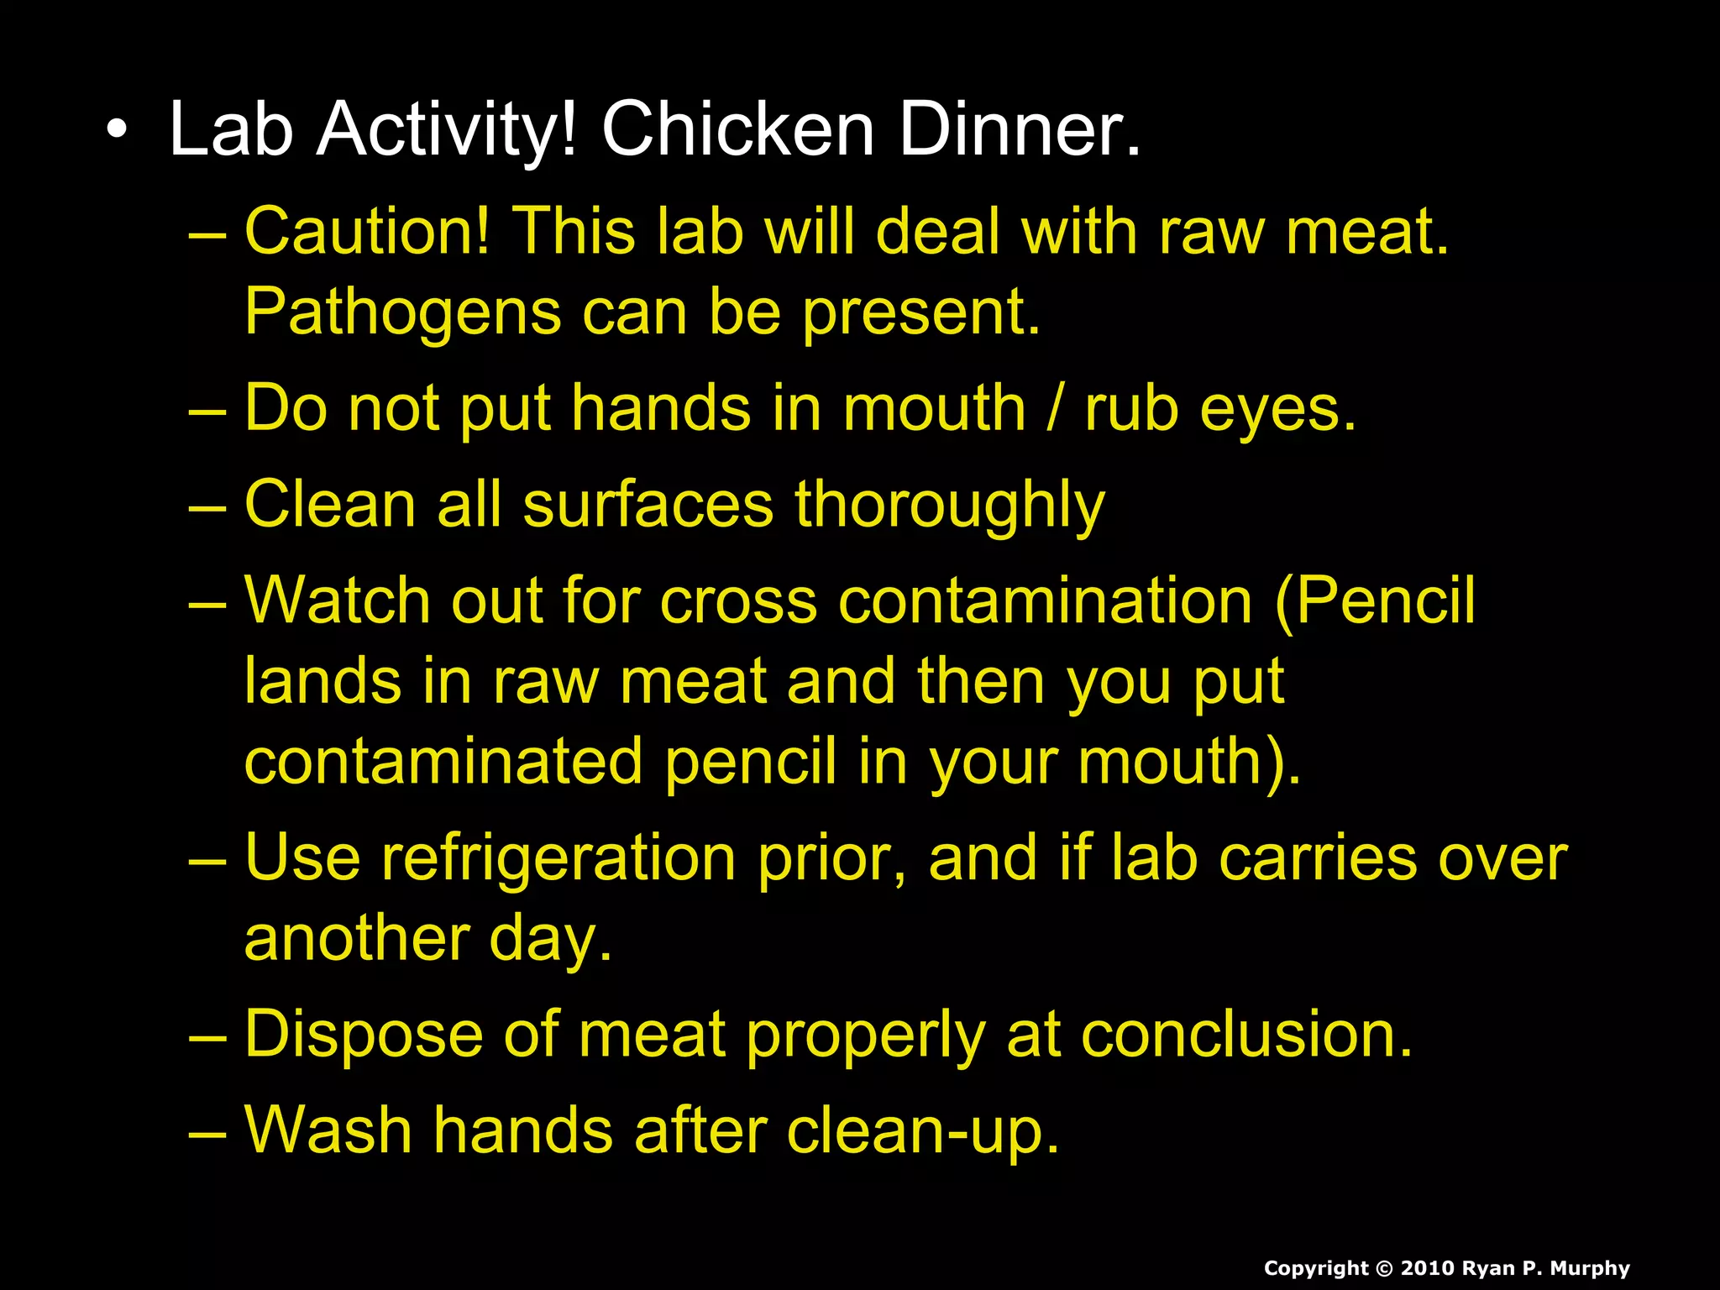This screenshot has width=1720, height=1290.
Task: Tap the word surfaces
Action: point(648,506)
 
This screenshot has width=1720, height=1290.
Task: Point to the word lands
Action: point(322,681)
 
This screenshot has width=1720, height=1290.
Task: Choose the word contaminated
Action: point(443,762)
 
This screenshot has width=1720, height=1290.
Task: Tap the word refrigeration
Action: point(558,859)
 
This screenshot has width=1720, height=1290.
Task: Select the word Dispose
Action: point(364,1036)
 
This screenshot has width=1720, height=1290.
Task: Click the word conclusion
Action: point(1247,1035)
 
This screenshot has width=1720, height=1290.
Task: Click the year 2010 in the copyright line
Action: point(1427,1268)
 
